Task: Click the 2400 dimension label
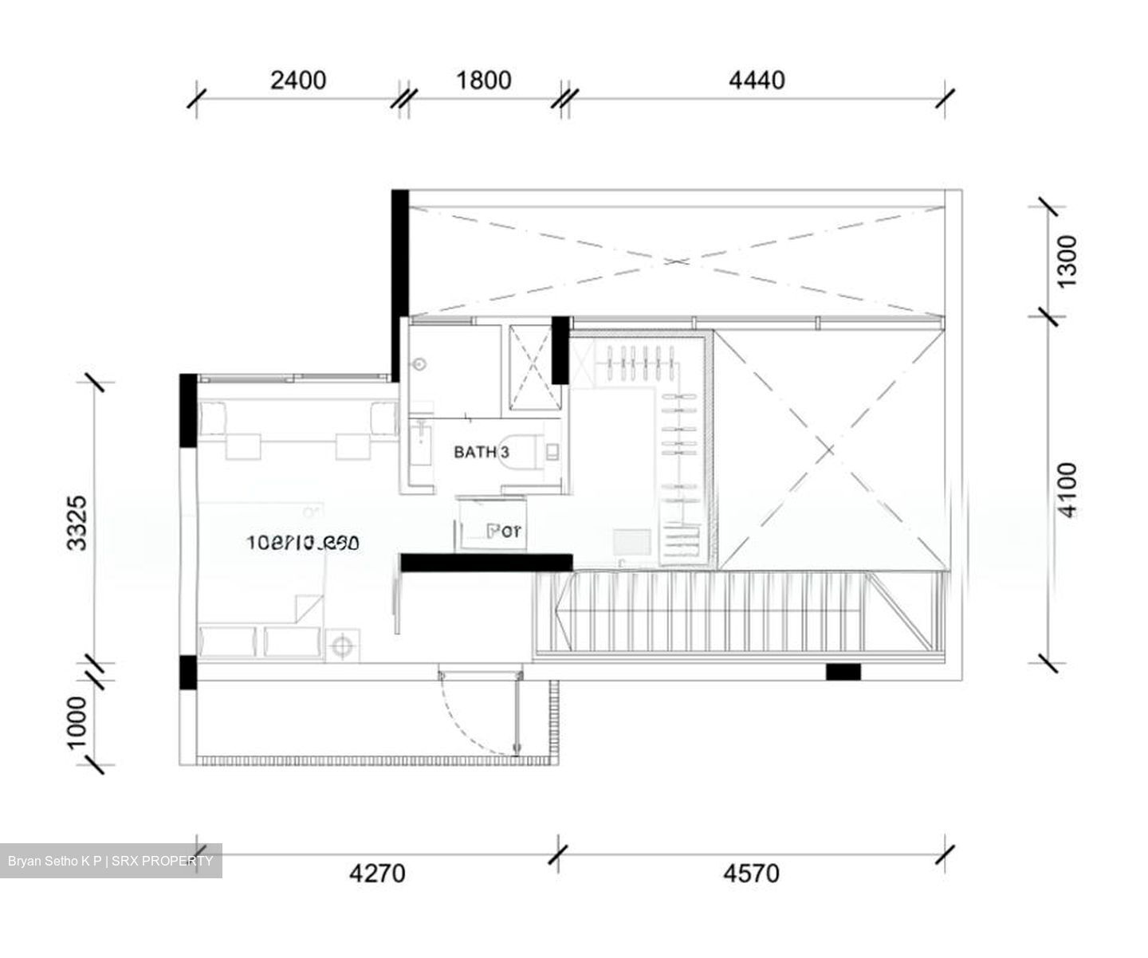[x=298, y=80]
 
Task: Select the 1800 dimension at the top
[x=483, y=80]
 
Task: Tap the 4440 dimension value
[x=757, y=80]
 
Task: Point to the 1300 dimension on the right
[x=1066, y=256]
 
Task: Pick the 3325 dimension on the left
[x=77, y=523]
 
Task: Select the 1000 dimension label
[x=77, y=723]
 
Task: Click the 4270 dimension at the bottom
[x=377, y=874]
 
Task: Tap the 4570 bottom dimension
[x=751, y=874]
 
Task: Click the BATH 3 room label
[x=482, y=453]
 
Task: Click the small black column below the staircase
[x=843, y=672]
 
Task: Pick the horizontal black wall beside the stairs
[x=486, y=563]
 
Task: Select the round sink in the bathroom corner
[x=419, y=363]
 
